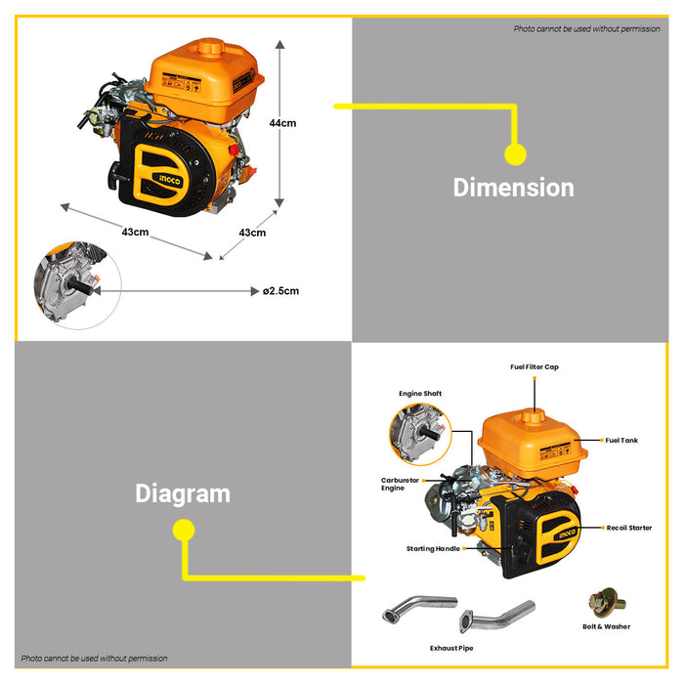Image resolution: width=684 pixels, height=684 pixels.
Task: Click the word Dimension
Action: tap(513, 187)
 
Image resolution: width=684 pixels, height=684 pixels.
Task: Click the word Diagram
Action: tap(183, 493)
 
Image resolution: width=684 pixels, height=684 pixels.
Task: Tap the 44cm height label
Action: tap(282, 123)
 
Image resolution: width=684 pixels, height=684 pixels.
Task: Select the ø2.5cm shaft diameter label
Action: tap(280, 290)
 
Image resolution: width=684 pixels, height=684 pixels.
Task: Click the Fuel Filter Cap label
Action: tap(534, 367)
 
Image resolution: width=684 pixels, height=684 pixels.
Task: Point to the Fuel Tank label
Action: tap(621, 441)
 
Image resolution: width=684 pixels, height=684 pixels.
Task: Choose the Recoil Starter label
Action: tap(628, 528)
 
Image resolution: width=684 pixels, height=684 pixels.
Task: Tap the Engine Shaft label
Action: tap(420, 394)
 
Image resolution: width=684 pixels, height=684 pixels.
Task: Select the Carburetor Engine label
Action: tap(401, 484)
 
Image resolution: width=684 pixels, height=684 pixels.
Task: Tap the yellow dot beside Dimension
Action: tap(515, 154)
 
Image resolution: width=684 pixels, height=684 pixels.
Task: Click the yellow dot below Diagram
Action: tap(183, 531)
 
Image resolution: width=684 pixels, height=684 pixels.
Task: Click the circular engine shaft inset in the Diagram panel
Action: tap(420, 436)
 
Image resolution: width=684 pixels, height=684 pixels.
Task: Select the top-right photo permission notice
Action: tap(586, 29)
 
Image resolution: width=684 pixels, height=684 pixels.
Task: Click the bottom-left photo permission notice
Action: tap(95, 659)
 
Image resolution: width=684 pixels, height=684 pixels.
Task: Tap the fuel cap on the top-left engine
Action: tap(209, 45)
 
